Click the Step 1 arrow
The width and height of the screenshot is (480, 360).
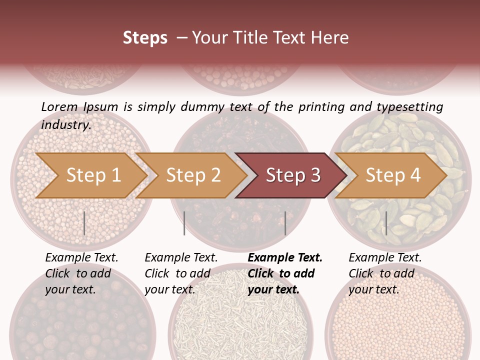click(x=93, y=175)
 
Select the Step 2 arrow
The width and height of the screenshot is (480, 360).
click(x=193, y=175)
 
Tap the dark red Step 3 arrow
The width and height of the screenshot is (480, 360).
click(x=292, y=175)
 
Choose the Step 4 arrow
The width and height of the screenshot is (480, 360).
click(x=392, y=175)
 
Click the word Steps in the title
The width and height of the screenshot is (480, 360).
click(x=145, y=38)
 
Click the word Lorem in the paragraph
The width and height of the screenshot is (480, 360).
click(x=59, y=106)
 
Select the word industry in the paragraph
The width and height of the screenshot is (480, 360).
click(x=65, y=124)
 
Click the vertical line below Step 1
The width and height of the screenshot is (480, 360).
click(x=84, y=223)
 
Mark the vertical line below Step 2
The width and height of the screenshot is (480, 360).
click(x=184, y=223)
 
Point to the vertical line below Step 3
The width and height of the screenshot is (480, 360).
click(x=285, y=223)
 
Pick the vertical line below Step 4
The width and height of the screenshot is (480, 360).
click(x=386, y=223)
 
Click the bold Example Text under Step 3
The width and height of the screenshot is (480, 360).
click(x=285, y=258)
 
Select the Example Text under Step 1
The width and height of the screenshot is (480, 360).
click(x=81, y=258)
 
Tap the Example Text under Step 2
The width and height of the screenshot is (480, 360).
click(x=181, y=258)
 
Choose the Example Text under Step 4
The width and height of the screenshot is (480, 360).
click(x=385, y=258)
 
